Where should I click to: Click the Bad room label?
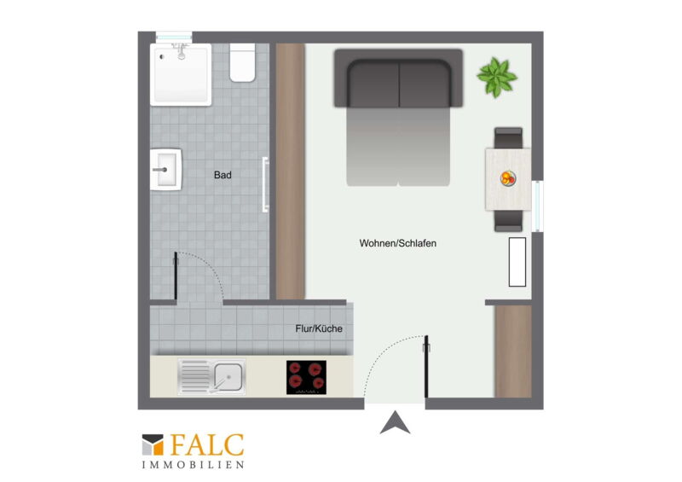(223, 175)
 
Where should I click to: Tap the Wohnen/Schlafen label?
(397, 243)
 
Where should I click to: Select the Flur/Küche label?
(319, 328)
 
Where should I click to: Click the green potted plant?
(497, 77)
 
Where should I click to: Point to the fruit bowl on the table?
(507, 178)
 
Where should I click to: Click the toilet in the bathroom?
(242, 62)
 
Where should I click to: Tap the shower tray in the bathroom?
(181, 74)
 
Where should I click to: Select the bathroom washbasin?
(165, 170)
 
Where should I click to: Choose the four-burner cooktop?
(306, 378)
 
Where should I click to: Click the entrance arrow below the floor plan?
(395, 422)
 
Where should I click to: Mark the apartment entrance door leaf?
(426, 367)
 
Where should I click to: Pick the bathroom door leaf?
(176, 276)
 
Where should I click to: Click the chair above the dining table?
(508, 138)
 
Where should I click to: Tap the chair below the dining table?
(508, 221)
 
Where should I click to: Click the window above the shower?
(174, 38)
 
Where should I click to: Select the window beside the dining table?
(538, 206)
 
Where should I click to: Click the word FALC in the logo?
(207, 445)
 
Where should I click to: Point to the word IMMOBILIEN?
(194, 465)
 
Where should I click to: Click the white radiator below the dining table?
(517, 262)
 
